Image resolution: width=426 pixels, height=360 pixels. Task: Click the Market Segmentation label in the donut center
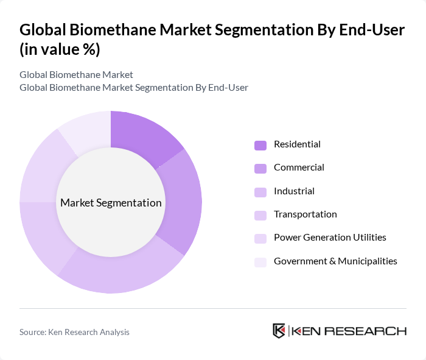111,203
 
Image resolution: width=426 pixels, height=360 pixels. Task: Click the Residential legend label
297,144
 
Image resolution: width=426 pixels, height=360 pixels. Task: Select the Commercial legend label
299,168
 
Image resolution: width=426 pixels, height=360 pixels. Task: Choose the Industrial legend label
294,191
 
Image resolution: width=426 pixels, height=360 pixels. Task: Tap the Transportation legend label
305,214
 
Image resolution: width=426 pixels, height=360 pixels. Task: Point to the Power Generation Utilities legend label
330,238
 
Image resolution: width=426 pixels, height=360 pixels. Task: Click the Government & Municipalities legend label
335,261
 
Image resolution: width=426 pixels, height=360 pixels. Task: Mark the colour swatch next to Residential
260,145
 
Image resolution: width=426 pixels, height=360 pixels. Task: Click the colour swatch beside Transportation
260,215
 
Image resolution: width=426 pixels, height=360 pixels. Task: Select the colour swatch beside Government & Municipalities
260,262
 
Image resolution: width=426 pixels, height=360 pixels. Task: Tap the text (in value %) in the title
60,49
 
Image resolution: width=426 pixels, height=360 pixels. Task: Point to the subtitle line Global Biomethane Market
76,75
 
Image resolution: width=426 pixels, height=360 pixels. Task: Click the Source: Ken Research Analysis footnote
74,332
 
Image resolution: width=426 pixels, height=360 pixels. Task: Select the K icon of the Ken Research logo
279,331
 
